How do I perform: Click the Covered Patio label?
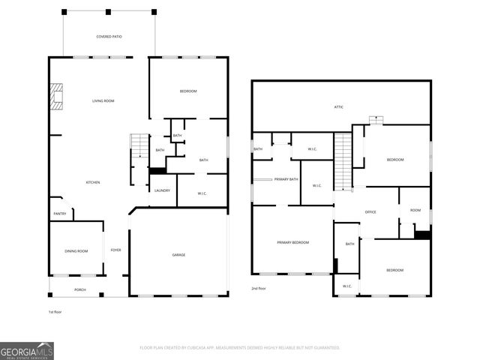coord(109,37)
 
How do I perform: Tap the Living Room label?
coord(103,100)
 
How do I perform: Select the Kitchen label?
coord(92,182)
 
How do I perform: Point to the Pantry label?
coord(60,214)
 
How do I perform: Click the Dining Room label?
coord(76,251)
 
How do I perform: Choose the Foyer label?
coord(115,250)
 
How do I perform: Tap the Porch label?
coord(79,289)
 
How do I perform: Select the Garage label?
coord(178,255)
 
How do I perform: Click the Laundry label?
coord(162,190)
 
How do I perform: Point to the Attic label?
coord(339,107)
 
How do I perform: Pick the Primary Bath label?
coord(286,179)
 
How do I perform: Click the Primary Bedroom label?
coord(292,242)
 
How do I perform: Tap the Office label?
coord(370,212)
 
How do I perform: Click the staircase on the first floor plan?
coord(140,145)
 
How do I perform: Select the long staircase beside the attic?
coord(343,160)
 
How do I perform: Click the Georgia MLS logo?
coord(27,350)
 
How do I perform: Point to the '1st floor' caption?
coord(55,311)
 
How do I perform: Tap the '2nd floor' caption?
coord(259,289)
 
